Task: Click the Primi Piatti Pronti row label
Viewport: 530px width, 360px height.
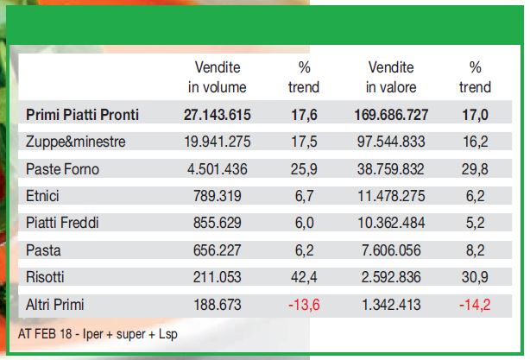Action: (82, 115)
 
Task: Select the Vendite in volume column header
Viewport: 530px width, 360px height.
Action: (218, 77)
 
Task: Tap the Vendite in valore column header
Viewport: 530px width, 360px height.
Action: (391, 77)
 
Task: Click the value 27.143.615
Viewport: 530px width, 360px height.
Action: (217, 115)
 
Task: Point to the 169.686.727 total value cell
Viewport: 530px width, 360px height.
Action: (391, 115)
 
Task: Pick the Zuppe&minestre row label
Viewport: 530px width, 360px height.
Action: (75, 142)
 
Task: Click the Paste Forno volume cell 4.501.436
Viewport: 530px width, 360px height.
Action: (218, 169)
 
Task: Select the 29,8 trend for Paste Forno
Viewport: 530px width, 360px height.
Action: (475, 169)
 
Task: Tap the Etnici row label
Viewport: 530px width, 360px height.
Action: (42, 196)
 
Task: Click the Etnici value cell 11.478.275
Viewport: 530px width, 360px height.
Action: (391, 196)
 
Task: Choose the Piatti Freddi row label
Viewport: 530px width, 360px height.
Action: (62, 223)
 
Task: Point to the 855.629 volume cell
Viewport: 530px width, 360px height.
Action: (218, 223)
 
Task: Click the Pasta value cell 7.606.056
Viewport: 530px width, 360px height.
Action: (391, 250)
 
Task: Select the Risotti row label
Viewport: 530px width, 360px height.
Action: (45, 277)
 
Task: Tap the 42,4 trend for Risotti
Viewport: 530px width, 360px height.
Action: (304, 277)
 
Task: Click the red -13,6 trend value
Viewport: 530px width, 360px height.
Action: (304, 305)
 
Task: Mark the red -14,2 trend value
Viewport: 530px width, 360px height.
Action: (475, 305)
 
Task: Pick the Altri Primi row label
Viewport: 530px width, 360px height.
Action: (54, 305)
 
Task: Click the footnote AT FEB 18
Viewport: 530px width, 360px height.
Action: (45, 334)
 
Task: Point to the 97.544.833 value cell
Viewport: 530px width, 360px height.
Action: (391, 142)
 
